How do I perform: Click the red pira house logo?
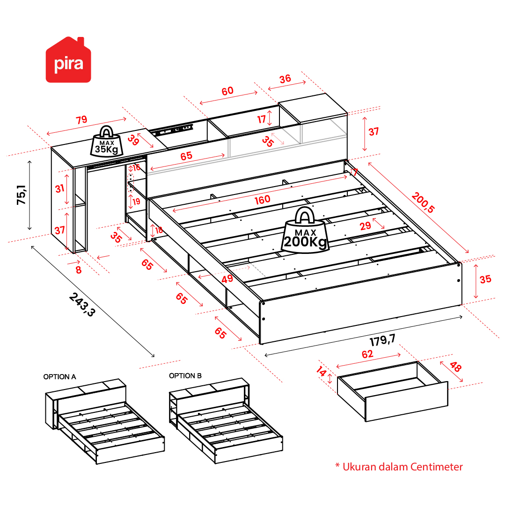coord(68,60)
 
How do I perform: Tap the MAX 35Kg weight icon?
coord(107,141)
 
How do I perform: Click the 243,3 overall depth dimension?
coord(82,304)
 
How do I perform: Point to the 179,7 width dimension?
coord(382,340)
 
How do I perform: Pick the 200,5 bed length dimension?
coord(423,202)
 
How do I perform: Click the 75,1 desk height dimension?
coord(22,195)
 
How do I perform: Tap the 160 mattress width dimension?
coord(262,200)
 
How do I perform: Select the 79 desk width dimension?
coord(81,120)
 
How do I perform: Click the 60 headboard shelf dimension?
coord(227,91)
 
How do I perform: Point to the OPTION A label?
coord(60,377)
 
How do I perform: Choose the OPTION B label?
coord(185,376)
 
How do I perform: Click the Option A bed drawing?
coord(105,421)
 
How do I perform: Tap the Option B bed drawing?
coord(226,420)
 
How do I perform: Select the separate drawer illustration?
coord(393,391)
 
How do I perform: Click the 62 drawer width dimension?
coord(367,354)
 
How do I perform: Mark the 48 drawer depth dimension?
coord(455,367)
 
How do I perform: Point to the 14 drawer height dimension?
coord(321,371)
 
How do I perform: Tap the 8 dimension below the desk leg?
coord(79,270)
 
